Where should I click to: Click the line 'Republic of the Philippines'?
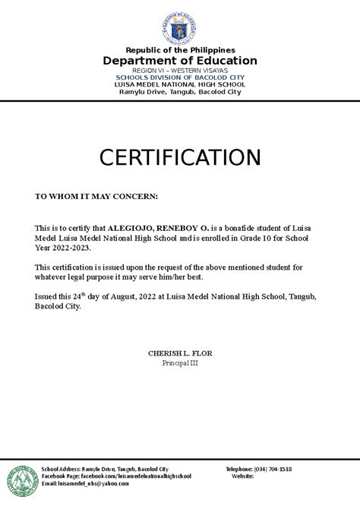point(180,50)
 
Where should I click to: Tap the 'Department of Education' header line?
point(180,61)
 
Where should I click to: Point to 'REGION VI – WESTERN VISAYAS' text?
point(180,71)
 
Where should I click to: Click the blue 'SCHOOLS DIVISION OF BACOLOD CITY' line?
point(180,77)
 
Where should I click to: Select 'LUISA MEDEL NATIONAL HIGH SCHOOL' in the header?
point(180,84)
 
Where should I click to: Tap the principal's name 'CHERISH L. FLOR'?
point(179,354)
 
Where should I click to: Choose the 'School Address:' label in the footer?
point(60,469)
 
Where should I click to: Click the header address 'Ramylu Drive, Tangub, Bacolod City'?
point(180,92)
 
